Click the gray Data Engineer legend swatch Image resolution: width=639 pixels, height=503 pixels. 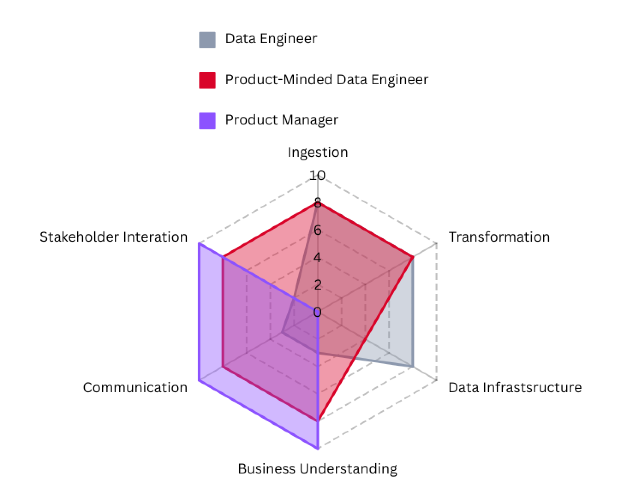[207, 40]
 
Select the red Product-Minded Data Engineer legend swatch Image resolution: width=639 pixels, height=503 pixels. [207, 80]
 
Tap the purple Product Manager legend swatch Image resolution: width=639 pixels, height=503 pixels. [207, 120]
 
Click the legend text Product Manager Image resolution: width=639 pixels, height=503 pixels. [281, 120]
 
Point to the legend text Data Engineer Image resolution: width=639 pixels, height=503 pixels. [271, 39]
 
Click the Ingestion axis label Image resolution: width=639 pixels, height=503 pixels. [317, 153]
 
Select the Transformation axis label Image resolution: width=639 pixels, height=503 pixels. [499, 237]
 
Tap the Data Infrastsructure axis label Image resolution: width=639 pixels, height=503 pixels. [515, 388]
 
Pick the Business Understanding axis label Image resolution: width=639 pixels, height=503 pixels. [317, 469]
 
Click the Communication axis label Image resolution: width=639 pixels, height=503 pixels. [135, 388]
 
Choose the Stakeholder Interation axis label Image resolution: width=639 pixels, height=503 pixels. [113, 237]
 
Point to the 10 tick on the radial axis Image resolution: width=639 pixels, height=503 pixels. [317, 175]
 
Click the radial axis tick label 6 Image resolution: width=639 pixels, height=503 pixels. [317, 230]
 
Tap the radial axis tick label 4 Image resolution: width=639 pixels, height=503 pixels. [317, 257]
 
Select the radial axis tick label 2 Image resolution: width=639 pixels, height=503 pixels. [317, 285]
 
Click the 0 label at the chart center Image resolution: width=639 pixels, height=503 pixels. [317, 312]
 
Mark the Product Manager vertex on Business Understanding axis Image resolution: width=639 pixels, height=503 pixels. [317, 449]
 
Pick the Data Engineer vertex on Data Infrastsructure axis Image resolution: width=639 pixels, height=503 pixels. [412, 367]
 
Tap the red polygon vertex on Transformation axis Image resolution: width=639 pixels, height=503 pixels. [412, 257]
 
